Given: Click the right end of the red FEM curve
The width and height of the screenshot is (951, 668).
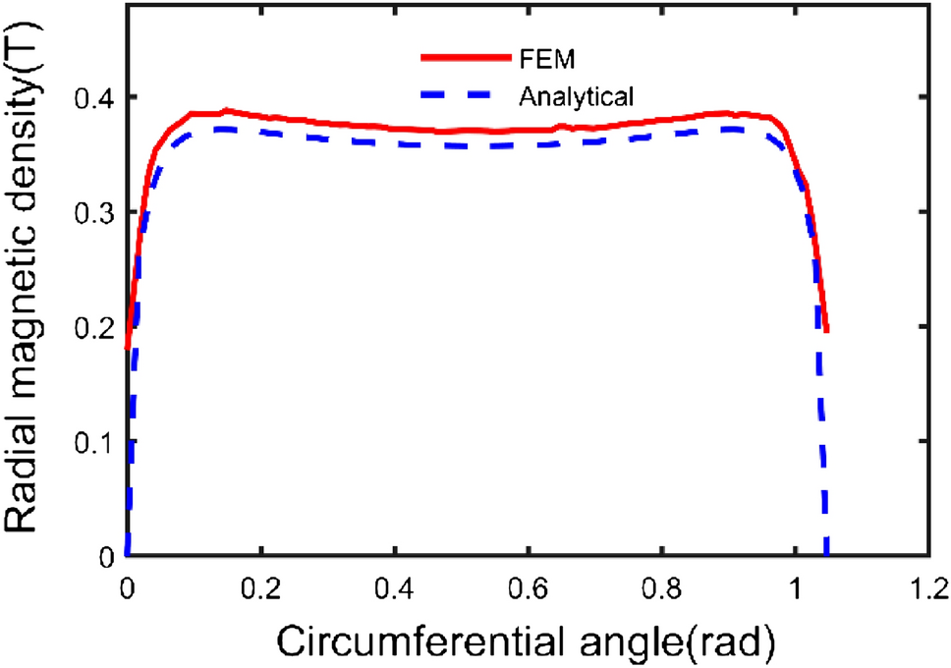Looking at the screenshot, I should (x=828, y=330).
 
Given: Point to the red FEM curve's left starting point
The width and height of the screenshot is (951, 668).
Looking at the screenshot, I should (x=128, y=347).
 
